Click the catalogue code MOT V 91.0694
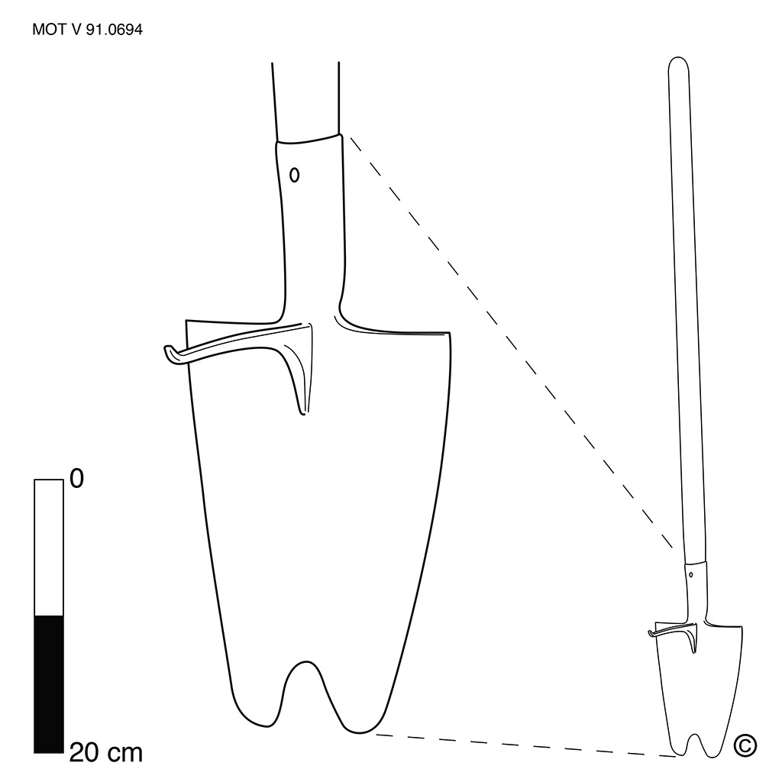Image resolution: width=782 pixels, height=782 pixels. click(x=87, y=30)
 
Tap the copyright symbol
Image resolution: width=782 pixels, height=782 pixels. click(x=745, y=745)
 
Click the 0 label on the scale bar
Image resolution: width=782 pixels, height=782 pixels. click(x=76, y=479)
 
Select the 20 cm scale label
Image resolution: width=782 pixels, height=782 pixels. click(x=105, y=752)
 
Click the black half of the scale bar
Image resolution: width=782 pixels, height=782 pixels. click(x=49, y=684)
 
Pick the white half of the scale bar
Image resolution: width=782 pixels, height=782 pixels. click(x=49, y=548)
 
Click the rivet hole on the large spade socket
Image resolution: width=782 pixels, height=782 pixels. click(x=294, y=175)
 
